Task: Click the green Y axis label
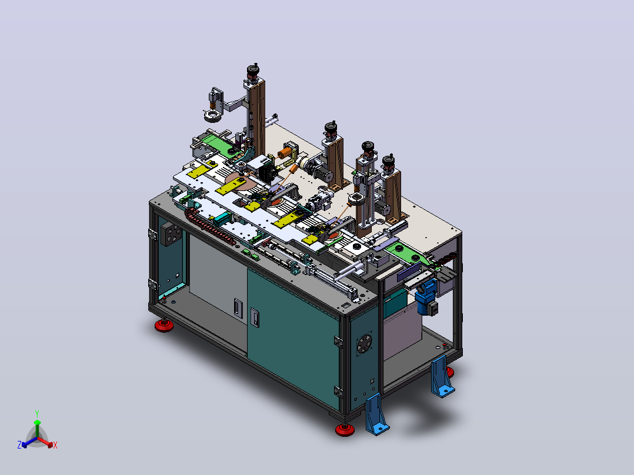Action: click(37, 413)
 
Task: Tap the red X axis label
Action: click(55, 445)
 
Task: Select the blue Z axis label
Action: click(19, 444)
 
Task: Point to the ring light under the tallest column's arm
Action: click(213, 116)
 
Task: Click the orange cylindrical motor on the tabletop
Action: click(285, 153)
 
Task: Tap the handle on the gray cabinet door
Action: click(238, 307)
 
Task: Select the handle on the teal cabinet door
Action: click(254, 317)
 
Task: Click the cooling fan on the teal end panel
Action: click(364, 344)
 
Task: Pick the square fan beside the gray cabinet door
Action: click(172, 233)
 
